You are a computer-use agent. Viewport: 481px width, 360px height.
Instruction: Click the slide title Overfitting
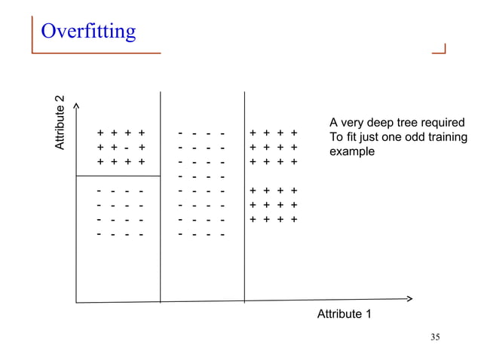[88, 32]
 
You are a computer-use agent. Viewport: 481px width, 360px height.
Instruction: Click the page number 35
[434, 337]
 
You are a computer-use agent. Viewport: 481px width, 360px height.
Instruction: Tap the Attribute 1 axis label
[344, 313]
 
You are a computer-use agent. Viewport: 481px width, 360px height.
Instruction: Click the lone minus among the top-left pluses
[127, 148]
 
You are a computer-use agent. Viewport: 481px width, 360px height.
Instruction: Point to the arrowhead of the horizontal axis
[409, 298]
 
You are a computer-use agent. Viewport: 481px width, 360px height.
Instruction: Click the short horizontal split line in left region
[118, 176]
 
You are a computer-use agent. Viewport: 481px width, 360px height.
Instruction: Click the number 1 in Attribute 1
[368, 313]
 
